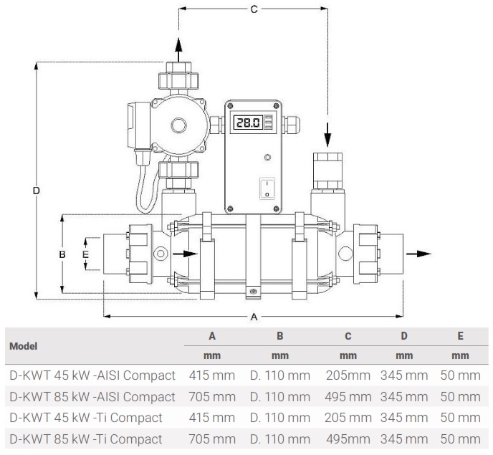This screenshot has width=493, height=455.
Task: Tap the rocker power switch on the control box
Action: point(266,188)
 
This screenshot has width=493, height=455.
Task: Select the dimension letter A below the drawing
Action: point(253,317)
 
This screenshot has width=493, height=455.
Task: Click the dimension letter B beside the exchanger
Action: point(62,254)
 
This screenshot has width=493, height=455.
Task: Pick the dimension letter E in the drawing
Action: point(85,254)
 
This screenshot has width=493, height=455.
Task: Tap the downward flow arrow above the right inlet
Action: point(327,133)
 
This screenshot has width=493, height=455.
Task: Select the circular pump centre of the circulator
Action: point(178,127)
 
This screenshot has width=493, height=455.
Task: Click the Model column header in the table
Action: point(24,345)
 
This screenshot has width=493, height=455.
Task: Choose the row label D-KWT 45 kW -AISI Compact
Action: point(91,375)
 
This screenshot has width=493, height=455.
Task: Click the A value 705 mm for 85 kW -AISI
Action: point(211,396)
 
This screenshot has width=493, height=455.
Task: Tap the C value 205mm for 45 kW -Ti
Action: point(348,418)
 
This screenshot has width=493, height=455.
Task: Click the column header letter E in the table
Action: point(460,335)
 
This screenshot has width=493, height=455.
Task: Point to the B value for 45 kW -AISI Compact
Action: point(279,375)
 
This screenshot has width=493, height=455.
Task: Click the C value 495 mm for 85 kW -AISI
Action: point(348,396)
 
